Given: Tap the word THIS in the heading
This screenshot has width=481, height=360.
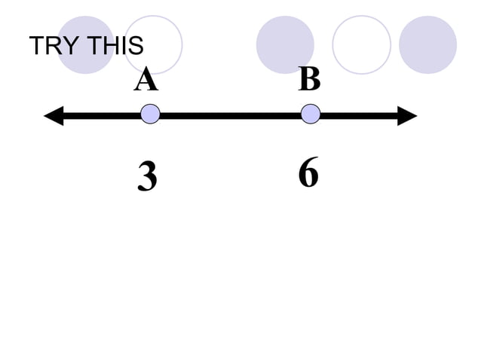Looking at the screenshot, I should point(115,47).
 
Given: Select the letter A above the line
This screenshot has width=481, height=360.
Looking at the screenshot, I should point(146,80).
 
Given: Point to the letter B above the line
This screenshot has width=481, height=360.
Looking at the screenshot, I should point(309,80).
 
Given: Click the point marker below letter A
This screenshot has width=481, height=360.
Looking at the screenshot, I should point(150,114).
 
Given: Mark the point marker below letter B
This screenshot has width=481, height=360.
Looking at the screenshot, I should point(311,114).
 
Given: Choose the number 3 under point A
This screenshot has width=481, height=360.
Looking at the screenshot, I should point(148,178).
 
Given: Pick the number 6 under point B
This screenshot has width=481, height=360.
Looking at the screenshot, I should point(308,174).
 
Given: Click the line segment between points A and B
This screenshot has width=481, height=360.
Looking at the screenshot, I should point(230,115).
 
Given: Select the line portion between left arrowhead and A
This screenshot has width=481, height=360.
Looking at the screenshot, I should point(102,115).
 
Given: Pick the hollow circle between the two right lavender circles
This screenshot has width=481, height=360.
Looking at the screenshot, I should point(361,44).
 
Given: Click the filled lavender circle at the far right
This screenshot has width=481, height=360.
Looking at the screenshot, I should point(427,44).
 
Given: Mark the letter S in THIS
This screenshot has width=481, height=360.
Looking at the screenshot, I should point(136,47).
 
